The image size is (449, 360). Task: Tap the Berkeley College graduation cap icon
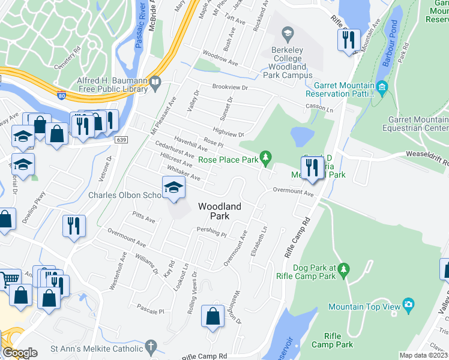pyautogui.click(x=288, y=33)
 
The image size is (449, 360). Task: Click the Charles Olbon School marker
pyautogui.click(x=173, y=188)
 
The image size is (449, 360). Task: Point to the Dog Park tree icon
pyautogui.click(x=343, y=271)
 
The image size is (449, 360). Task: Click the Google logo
pyautogui.click(x=20, y=352)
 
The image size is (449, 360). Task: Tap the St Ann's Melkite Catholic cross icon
pyautogui.click(x=150, y=347)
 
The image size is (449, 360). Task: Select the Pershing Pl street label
pyautogui.click(x=211, y=232)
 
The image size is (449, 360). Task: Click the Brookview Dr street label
pyautogui.click(x=234, y=87)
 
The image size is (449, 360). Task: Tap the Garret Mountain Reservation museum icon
pyautogui.click(x=382, y=89)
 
